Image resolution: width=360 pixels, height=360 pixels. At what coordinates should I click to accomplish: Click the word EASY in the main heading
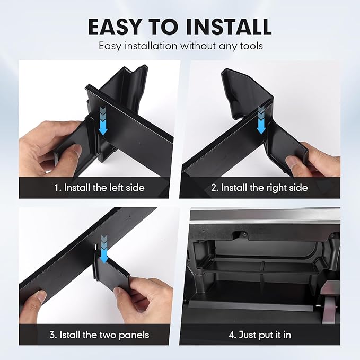115,27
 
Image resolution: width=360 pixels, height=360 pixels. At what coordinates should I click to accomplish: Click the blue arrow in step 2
261,120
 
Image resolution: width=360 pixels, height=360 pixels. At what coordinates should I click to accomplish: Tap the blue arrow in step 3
104,249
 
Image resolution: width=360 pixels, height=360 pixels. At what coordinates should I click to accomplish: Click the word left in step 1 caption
117,188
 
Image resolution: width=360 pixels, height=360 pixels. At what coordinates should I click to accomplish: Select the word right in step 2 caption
274,188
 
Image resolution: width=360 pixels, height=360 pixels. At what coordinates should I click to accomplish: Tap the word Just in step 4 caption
248,335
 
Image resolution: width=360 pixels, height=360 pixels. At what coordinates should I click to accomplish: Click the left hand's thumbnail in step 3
41,296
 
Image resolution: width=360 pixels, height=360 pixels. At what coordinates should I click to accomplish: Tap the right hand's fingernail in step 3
119,292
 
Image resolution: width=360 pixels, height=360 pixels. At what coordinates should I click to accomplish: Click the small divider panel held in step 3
112,271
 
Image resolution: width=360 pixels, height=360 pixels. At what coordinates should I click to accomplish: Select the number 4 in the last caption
231,335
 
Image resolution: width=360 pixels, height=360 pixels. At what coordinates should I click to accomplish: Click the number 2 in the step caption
214,188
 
